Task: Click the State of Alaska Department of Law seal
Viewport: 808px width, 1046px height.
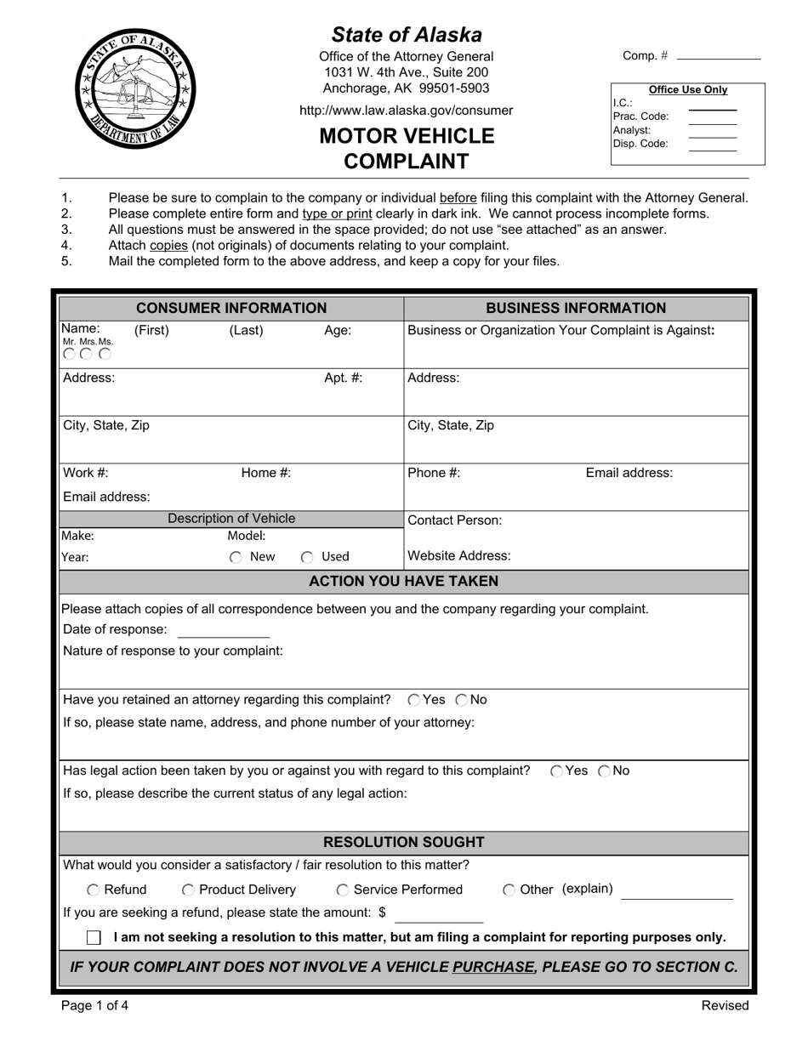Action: (x=136, y=88)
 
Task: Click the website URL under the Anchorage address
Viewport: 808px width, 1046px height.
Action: (x=406, y=111)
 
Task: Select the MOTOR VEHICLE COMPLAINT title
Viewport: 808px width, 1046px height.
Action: (x=406, y=149)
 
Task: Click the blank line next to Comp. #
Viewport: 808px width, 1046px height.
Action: (x=717, y=57)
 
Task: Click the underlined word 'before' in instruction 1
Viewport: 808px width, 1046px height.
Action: (x=458, y=198)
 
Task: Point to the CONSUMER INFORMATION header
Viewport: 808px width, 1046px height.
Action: (x=231, y=309)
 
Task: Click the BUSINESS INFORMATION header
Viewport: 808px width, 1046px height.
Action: (x=576, y=309)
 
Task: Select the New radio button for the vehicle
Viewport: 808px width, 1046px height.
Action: (x=236, y=558)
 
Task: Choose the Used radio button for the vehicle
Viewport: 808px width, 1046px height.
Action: (x=307, y=558)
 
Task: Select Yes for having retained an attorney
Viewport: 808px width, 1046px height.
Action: (x=413, y=700)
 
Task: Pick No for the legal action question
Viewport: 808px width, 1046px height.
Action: (x=604, y=771)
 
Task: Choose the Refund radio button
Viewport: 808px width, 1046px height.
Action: (x=93, y=890)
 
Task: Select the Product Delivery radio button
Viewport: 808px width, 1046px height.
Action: (x=188, y=890)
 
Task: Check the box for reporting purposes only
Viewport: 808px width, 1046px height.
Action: (x=94, y=937)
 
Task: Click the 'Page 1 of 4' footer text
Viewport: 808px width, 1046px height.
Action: (x=95, y=1006)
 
